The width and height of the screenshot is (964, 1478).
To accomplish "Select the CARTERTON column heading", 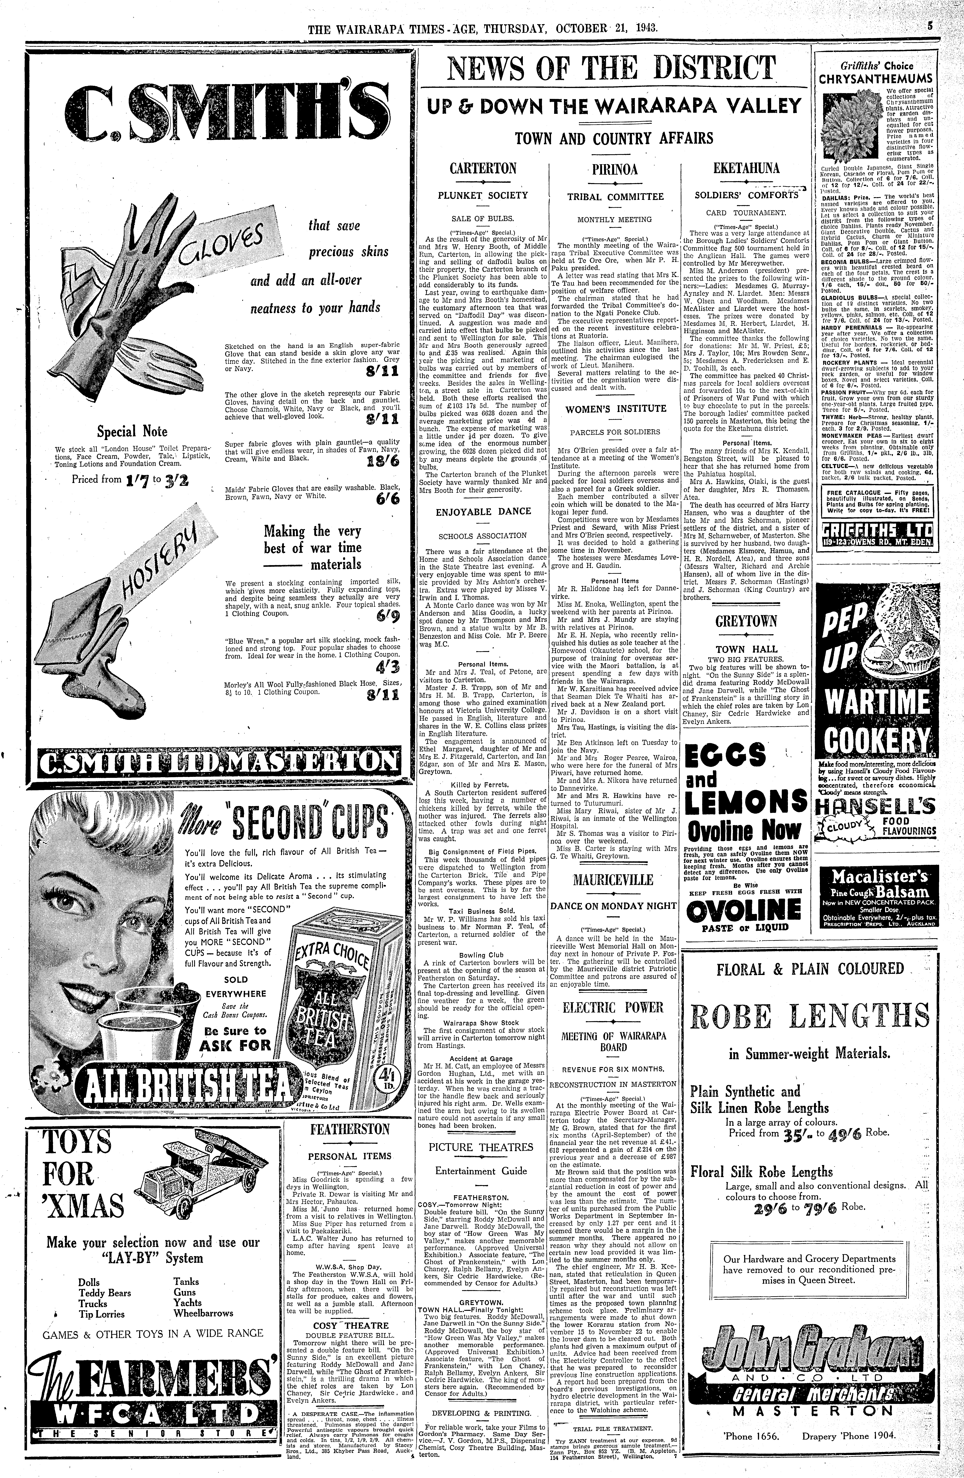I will (x=483, y=168).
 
